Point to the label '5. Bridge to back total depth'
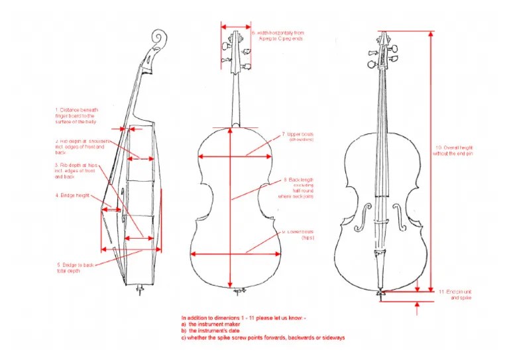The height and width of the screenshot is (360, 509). click(74, 268)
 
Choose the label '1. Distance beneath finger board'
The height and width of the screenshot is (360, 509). click(77, 116)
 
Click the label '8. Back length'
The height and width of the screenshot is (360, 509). click(298, 188)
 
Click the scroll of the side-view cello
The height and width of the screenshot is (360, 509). click(158, 38)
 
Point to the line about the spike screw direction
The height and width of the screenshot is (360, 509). click(263, 337)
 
